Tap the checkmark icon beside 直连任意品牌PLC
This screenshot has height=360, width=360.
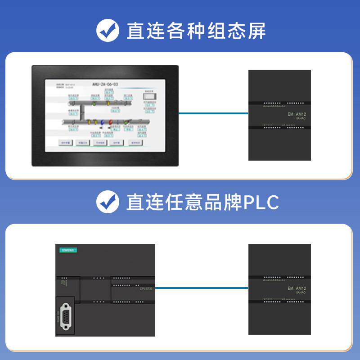point(108,202)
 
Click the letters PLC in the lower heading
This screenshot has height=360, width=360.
point(261,202)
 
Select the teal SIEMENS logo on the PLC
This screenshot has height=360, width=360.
point(67,250)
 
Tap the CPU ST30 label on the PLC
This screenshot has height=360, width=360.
point(147,288)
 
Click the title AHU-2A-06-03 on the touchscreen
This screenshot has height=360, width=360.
point(105,84)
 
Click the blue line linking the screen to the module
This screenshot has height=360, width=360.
point(213,113)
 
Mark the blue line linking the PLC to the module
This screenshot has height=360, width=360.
point(202,288)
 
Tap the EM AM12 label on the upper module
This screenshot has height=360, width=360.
point(297,114)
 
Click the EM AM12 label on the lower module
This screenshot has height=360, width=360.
point(297,288)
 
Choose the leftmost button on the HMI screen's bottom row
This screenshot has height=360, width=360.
point(66,143)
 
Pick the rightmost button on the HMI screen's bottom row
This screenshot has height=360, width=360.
point(135,143)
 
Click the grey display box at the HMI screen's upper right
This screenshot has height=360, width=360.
point(149,95)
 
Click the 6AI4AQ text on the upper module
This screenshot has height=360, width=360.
point(301,119)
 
